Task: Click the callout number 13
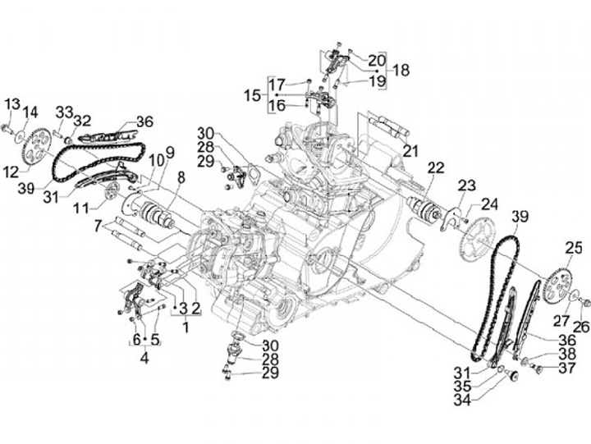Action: [12, 104]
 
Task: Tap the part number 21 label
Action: [410, 151]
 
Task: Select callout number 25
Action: [573, 249]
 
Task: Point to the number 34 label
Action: [462, 400]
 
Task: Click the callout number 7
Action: [98, 227]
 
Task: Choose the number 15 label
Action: [252, 95]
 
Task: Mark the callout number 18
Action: [401, 70]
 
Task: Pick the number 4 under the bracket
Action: [144, 358]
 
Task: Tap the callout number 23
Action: [467, 185]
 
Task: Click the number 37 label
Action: [567, 368]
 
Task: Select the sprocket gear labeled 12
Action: [37, 147]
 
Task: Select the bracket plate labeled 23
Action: [451, 218]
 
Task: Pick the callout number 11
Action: [82, 208]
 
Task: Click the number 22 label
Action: [436, 168]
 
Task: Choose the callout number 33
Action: [64, 112]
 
